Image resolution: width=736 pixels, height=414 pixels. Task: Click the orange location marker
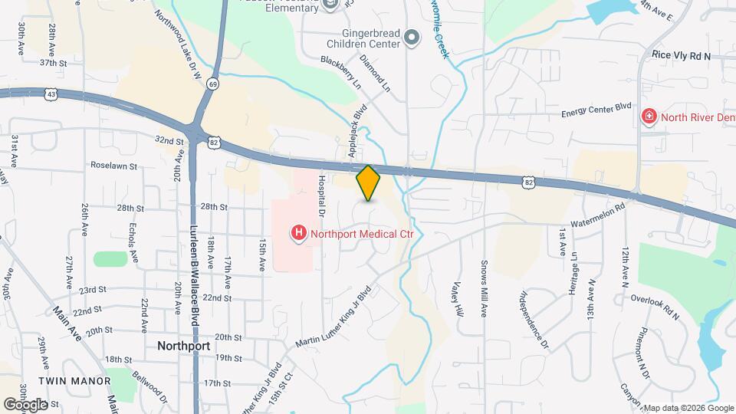click(369, 182)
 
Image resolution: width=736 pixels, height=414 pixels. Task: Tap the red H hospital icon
click(297, 232)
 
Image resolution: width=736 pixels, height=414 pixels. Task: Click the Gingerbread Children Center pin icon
click(412, 37)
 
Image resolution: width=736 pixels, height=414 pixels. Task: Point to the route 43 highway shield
click(51, 94)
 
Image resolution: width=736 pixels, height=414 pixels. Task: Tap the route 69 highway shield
click(212, 84)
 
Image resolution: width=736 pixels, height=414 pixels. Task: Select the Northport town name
click(184, 345)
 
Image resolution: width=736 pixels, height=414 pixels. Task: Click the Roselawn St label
click(113, 165)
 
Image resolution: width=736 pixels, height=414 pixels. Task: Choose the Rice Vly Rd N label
click(681, 56)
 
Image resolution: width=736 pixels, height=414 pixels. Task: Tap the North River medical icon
click(649, 117)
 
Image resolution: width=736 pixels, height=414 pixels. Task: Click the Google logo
click(25, 403)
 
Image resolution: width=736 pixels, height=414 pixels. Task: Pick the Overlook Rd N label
click(655, 305)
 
